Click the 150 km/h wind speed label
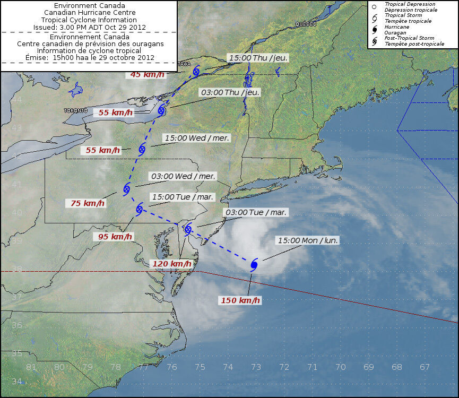[x=240, y=300]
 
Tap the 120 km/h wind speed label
[x=171, y=264]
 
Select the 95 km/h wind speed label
[x=115, y=236]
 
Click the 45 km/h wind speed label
[x=147, y=74]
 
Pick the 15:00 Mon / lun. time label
[x=308, y=240]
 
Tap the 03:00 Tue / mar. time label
[x=256, y=212]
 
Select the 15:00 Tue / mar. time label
[x=182, y=197]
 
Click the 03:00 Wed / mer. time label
[x=183, y=176]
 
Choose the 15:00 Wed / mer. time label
[x=197, y=138]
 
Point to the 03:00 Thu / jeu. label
[x=230, y=92]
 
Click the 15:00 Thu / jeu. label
[x=258, y=57]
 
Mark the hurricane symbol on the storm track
[x=254, y=265]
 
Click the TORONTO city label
[x=75, y=110]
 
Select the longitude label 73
[x=256, y=367]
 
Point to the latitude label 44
[x=17, y=99]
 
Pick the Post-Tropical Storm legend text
[x=409, y=38]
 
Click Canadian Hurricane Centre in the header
[x=90, y=13]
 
